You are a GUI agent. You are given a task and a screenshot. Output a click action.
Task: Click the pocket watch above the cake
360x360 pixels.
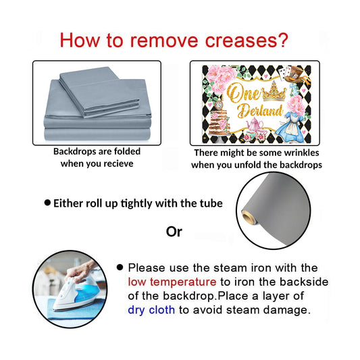click(219, 105)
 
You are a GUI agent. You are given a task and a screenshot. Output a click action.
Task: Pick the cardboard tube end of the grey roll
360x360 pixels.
click(249, 217)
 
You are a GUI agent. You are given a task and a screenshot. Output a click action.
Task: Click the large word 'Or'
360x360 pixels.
click(174, 232)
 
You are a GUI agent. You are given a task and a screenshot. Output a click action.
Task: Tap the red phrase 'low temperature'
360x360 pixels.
click(172, 282)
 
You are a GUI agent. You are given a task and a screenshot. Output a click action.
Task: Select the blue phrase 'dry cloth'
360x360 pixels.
click(151, 310)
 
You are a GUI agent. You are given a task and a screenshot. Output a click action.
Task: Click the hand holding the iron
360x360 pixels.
click(80, 271)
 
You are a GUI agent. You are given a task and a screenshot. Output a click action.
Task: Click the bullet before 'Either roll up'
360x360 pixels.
click(47, 203)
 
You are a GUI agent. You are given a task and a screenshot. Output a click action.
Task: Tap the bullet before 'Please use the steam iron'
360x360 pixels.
click(120, 267)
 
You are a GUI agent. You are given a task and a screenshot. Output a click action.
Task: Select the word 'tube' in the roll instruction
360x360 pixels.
click(211, 203)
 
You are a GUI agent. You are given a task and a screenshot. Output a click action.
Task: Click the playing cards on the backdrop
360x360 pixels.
click(284, 72)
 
